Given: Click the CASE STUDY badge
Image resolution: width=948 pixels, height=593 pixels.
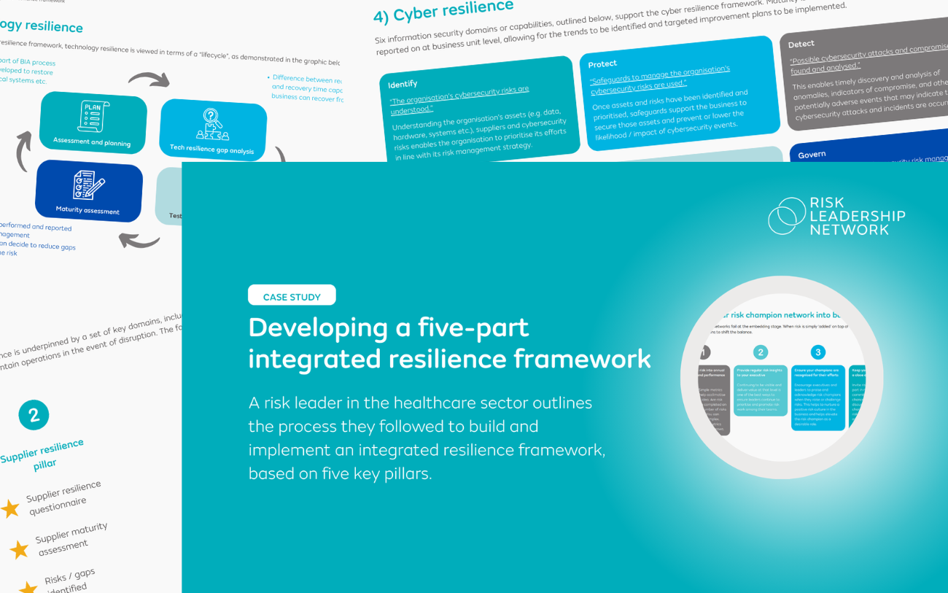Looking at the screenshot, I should (x=292, y=295).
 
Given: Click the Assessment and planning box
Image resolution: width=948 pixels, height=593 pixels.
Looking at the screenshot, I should (x=93, y=122).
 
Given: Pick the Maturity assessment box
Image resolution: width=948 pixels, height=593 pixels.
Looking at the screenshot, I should (x=89, y=191).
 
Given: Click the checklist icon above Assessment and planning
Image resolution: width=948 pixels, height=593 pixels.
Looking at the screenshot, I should (x=93, y=115).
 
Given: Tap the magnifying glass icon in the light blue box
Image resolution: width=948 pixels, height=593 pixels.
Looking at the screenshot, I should (x=212, y=117).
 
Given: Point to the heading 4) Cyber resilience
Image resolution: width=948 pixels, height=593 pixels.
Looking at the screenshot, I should (x=443, y=10).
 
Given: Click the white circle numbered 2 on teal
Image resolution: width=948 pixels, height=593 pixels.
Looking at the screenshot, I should (x=34, y=415).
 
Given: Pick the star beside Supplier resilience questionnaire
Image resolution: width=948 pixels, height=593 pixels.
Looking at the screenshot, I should (x=10, y=508).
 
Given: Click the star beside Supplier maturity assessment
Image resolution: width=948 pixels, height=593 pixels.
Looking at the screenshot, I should (x=18, y=549).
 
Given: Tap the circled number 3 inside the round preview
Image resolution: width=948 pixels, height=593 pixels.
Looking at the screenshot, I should (x=818, y=352).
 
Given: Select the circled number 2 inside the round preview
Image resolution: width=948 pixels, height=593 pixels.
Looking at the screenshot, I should (x=761, y=352).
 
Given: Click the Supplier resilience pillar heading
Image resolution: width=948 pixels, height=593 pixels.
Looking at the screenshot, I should (x=43, y=456).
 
